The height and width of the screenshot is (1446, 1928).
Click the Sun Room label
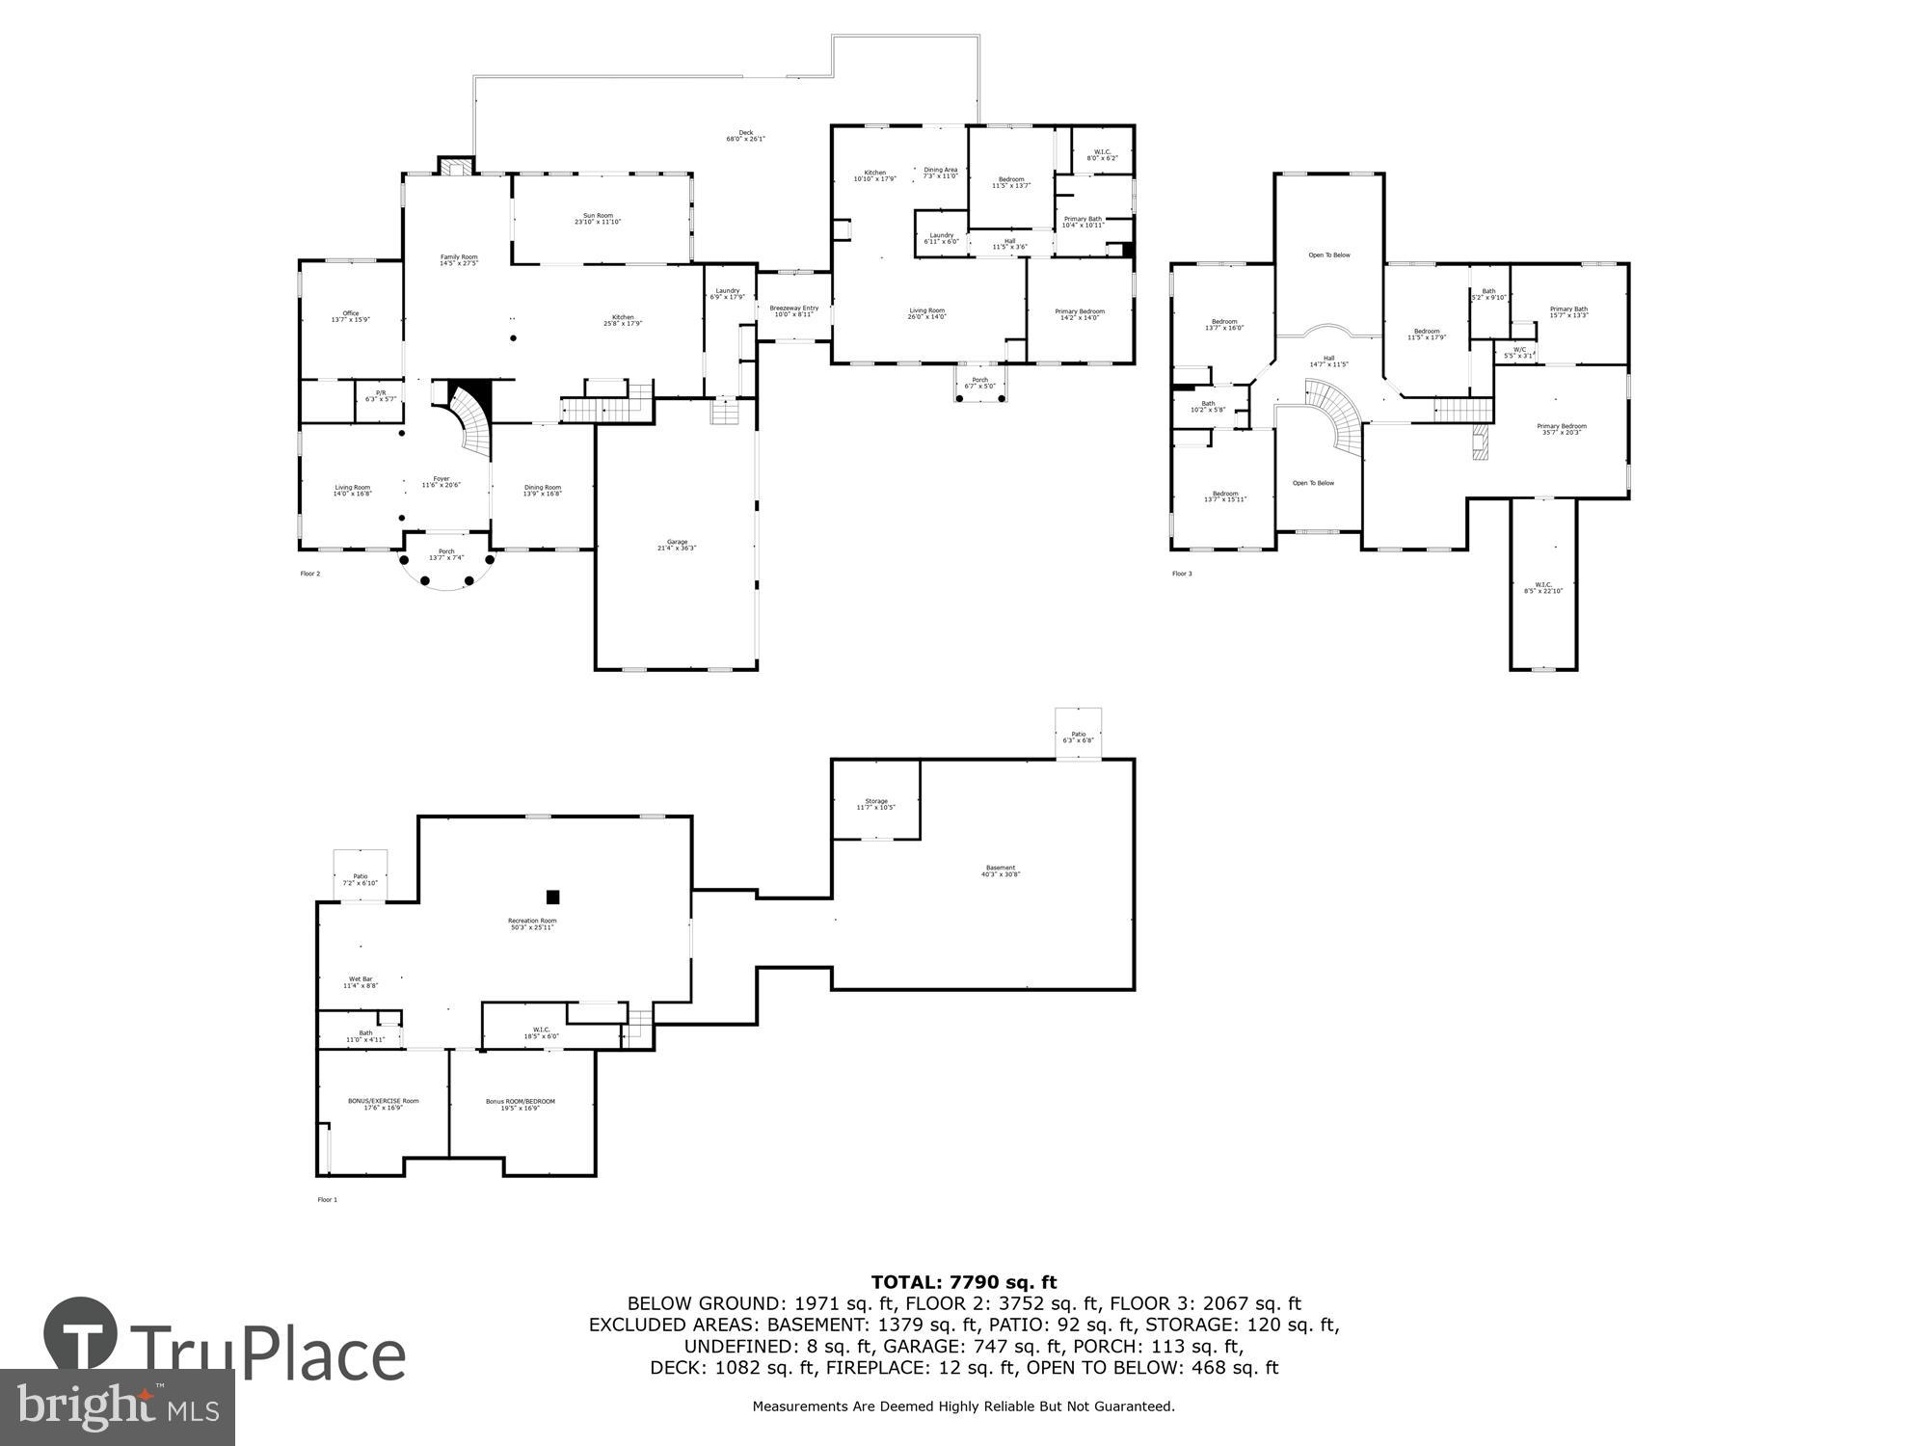point(598,219)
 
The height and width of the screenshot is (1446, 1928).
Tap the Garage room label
point(677,545)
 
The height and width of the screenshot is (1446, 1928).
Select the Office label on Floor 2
point(351,316)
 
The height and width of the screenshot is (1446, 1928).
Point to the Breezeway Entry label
point(794,310)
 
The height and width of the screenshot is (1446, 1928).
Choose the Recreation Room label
point(532,924)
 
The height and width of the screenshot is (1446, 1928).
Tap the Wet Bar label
point(361,981)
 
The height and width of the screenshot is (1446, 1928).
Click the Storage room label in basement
point(875,804)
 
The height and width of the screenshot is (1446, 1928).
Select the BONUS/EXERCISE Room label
point(383,1104)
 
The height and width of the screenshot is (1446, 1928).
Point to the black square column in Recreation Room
point(552,897)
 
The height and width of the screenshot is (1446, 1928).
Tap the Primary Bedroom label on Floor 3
point(1561,429)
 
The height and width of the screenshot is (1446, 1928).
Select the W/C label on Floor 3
point(1519,352)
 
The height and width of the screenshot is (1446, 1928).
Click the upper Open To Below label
point(1328,255)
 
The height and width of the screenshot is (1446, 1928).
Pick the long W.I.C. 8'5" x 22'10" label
point(1543,587)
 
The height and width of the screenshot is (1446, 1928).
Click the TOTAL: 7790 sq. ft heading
point(963,1282)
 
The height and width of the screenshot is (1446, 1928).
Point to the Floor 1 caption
point(328,1200)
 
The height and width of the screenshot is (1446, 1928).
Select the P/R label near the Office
point(380,395)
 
